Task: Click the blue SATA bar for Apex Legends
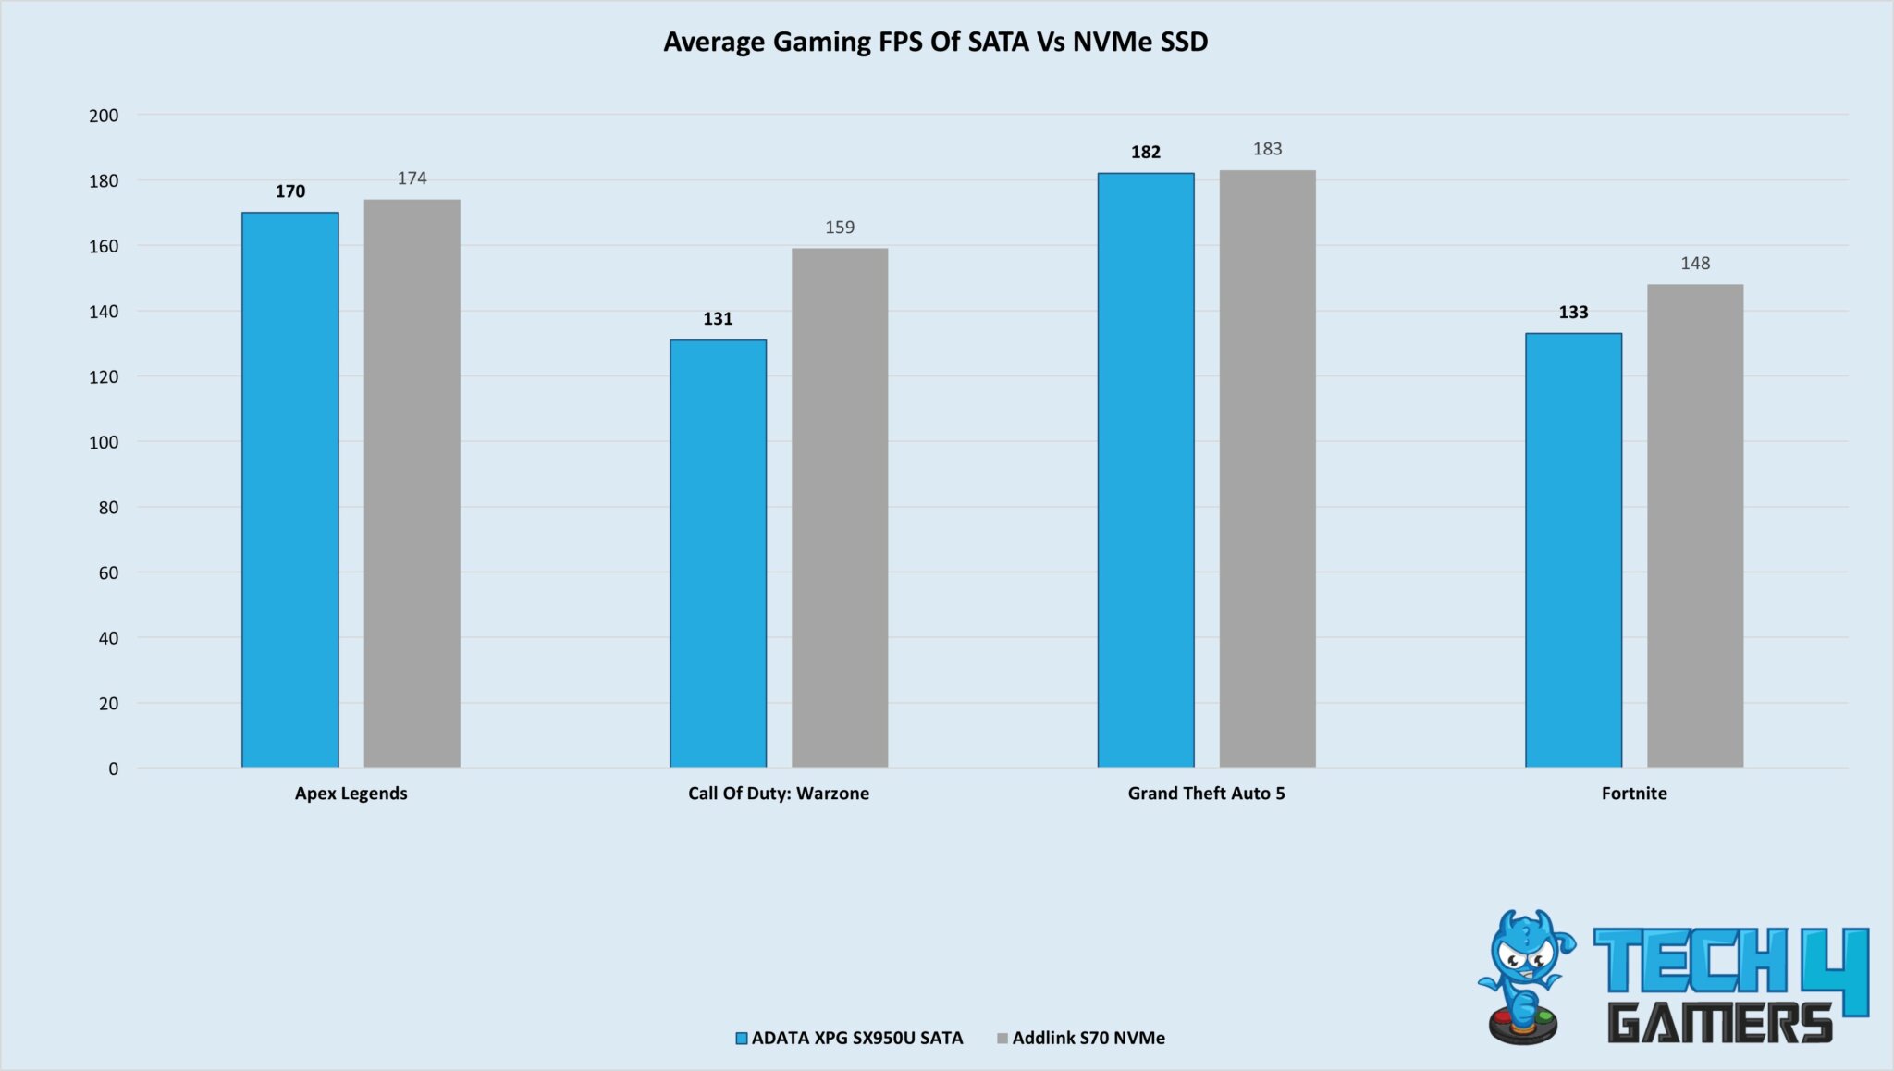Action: coord(289,490)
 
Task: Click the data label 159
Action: coord(840,228)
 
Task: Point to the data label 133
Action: coord(1573,313)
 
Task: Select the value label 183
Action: coord(1267,149)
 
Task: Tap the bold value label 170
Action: coord(289,191)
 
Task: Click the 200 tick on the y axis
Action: coord(104,116)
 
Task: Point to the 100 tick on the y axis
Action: coord(104,442)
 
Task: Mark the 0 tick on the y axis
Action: coord(113,769)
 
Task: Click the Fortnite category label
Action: coord(1634,794)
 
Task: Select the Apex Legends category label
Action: coord(351,794)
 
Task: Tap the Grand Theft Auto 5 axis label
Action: coord(1206,794)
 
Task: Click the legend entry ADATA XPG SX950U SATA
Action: coord(856,1038)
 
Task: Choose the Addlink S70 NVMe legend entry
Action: coord(1088,1038)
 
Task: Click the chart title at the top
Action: coord(935,42)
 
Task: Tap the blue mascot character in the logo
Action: coord(1526,976)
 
